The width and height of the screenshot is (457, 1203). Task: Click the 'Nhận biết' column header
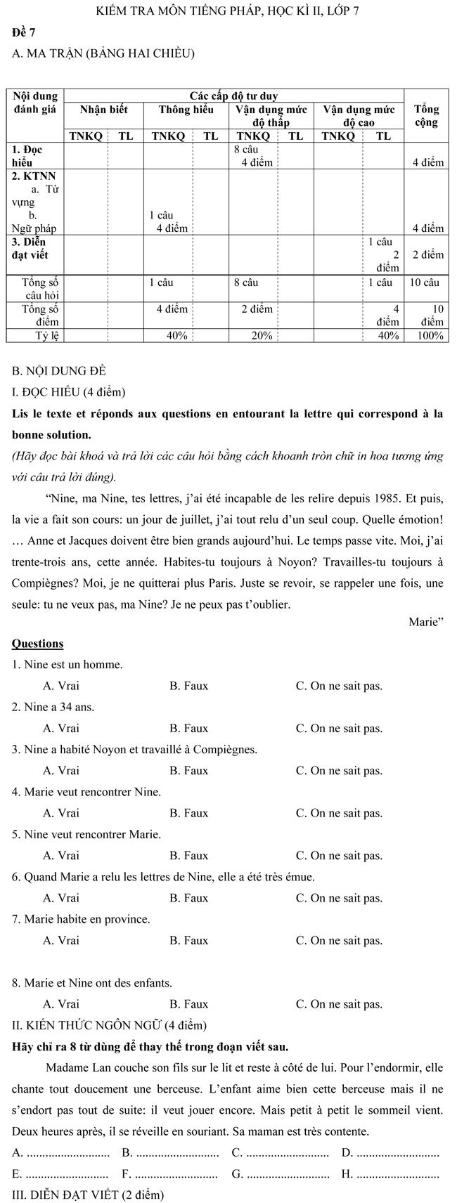click(104, 110)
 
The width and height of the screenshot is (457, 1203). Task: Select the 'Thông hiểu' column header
click(186, 110)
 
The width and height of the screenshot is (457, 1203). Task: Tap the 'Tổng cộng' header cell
click(426, 116)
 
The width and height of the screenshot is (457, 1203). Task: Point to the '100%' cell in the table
click(430, 336)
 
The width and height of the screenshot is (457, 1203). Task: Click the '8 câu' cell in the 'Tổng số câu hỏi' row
click(246, 282)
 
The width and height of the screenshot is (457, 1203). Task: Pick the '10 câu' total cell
click(425, 282)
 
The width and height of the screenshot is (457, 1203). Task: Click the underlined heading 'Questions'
click(38, 644)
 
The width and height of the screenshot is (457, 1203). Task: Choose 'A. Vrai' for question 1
click(61, 686)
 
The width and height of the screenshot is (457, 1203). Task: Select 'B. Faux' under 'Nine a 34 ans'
click(188, 728)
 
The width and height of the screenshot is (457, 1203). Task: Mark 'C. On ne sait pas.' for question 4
click(339, 813)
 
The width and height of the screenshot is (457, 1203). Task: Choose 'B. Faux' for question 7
click(188, 940)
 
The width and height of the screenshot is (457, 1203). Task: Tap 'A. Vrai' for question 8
click(61, 1004)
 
